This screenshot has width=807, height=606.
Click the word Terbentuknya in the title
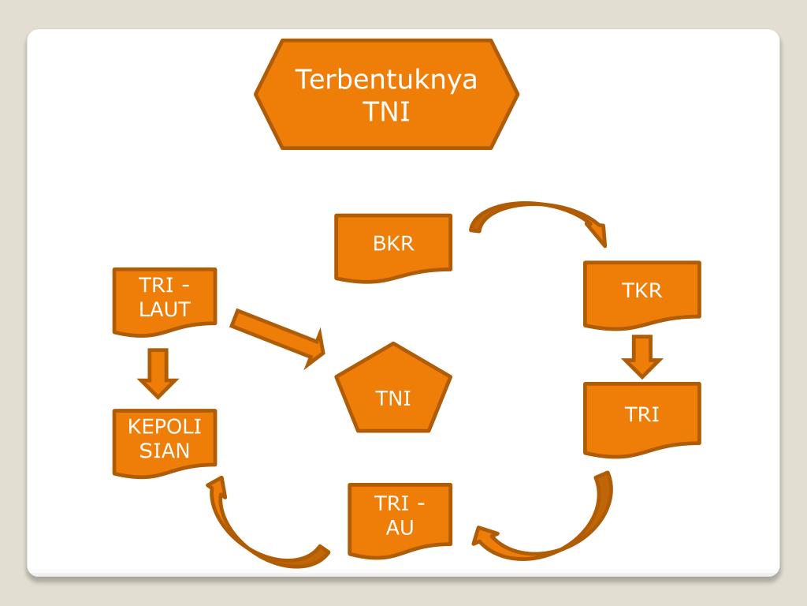[386, 80]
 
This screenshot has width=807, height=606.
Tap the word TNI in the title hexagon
[386, 111]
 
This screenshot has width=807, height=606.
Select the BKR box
[393, 245]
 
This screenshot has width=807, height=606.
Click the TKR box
[642, 292]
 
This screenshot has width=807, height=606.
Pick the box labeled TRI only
[642, 417]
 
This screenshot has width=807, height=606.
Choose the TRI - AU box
[400, 516]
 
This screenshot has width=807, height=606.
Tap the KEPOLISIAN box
[165, 441]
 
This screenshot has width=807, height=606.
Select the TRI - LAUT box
[165, 300]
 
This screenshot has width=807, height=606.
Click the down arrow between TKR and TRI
[642, 357]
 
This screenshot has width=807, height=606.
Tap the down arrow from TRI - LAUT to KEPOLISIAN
[158, 372]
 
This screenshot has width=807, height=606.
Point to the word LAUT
[165, 310]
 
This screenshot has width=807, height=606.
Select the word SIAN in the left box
[165, 451]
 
